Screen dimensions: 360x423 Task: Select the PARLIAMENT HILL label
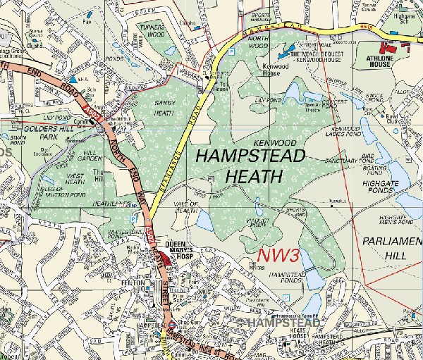pyautogui.click(x=391, y=248)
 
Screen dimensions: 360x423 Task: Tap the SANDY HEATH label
pyautogui.click(x=164, y=108)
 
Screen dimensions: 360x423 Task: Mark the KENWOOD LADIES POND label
pyautogui.click(x=344, y=132)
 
